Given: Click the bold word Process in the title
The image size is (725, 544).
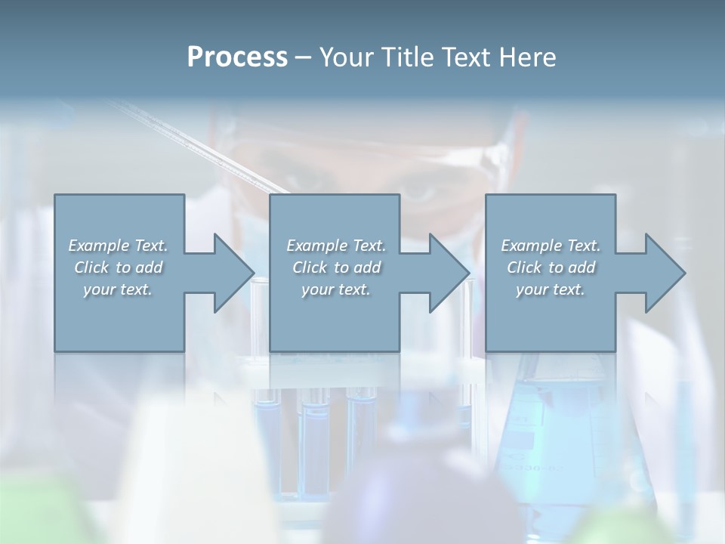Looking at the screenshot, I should [237, 57].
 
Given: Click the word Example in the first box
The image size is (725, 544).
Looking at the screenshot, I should [99, 246].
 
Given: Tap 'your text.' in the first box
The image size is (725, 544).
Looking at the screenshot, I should [118, 289].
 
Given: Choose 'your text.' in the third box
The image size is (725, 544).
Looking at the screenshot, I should [551, 289].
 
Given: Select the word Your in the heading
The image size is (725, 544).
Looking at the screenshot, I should [346, 57].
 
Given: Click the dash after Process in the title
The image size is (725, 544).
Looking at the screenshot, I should [303, 58].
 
